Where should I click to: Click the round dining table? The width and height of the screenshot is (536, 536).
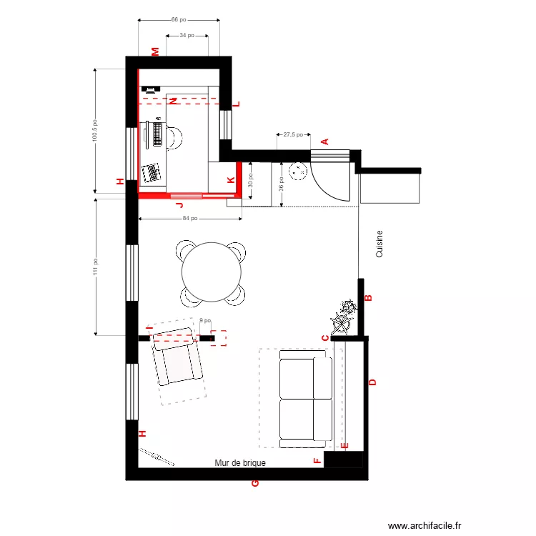click(x=211, y=272)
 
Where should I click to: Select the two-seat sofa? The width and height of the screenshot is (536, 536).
click(x=305, y=398)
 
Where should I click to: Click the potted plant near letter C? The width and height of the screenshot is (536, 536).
click(x=344, y=317)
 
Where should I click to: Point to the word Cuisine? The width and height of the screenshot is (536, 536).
click(x=379, y=244)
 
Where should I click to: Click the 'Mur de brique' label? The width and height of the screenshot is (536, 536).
click(x=240, y=463)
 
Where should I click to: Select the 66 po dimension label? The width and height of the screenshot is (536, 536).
click(x=178, y=20)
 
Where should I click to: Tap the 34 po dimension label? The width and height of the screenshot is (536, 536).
click(x=187, y=34)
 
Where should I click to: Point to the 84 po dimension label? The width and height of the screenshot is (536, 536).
click(x=189, y=218)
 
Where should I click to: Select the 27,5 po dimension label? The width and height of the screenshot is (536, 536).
click(x=293, y=134)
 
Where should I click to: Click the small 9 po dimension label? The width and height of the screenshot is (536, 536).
click(x=205, y=321)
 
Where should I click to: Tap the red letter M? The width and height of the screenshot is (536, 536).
click(x=155, y=51)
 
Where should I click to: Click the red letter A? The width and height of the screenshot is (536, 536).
click(x=324, y=142)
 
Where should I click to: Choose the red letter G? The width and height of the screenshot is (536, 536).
click(x=254, y=484)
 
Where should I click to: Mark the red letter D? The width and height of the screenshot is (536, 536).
click(x=372, y=382)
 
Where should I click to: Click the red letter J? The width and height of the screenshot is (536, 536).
click(x=179, y=204)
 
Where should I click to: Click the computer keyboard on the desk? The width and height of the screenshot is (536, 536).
click(x=157, y=134)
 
